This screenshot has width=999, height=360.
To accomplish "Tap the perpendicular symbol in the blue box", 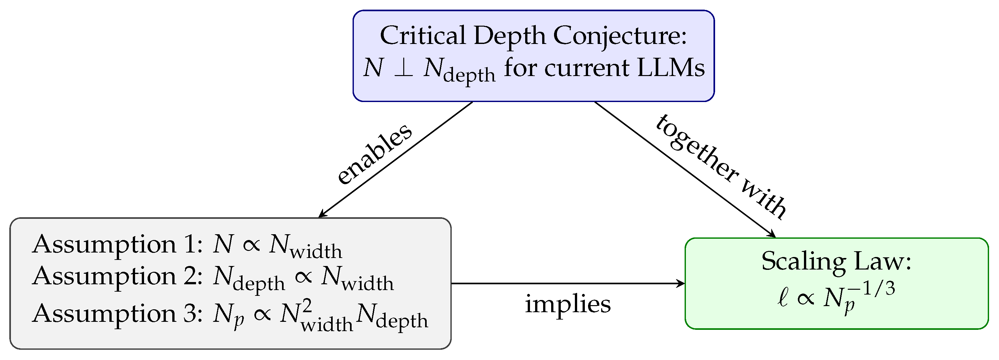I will coord(403,68).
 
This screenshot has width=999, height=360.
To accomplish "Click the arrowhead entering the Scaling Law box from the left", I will coord(681,284).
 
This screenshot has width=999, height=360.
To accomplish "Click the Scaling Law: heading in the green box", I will coord(836,261).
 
